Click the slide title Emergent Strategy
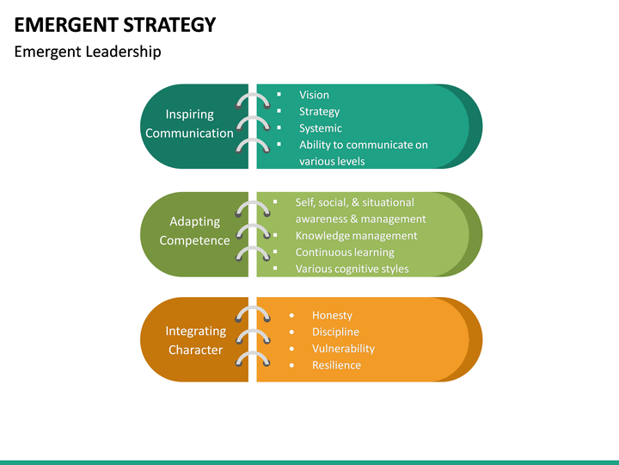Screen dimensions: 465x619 (114, 24)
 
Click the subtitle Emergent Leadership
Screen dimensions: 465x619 (88, 52)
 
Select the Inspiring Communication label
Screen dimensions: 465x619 (189, 124)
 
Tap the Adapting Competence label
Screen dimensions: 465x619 (194, 232)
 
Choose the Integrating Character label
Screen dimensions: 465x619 (195, 340)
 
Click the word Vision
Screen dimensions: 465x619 (314, 95)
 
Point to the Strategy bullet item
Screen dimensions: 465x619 (319, 111)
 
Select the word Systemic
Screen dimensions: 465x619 (320, 128)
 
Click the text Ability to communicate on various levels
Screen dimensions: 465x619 (363, 152)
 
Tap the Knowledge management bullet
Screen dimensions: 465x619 (356, 235)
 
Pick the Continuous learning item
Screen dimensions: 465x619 (345, 252)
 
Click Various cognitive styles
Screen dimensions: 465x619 (352, 269)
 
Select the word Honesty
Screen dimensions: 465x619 (332, 315)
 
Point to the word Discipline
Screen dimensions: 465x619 (335, 332)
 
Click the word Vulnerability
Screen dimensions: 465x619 (343, 349)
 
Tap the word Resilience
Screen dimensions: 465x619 (336, 365)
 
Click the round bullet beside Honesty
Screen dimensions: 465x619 (292, 315)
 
